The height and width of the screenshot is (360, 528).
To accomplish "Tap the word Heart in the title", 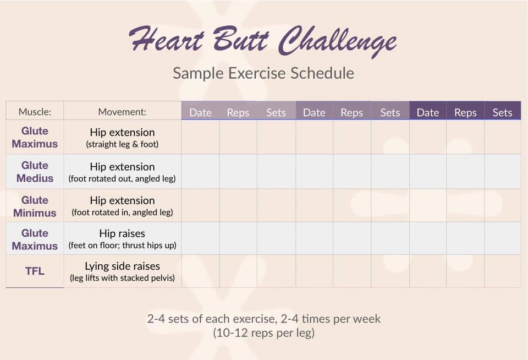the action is click(167, 39).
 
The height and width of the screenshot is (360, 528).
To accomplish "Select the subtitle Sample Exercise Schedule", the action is click(263, 73).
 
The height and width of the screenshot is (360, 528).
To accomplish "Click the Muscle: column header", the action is click(35, 112).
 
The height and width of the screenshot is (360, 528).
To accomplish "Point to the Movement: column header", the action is click(122, 112).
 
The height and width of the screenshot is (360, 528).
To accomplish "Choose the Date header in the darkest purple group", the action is click(428, 112).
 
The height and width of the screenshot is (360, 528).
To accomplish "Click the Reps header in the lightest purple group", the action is click(238, 112).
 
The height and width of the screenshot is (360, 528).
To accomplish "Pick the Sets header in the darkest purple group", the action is click(502, 112).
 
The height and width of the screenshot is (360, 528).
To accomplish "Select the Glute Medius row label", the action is click(35, 172).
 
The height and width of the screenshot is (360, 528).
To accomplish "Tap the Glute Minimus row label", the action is click(35, 206).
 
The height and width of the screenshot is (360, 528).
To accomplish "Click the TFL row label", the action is click(35, 271).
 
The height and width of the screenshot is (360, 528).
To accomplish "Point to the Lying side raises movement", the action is click(122, 266).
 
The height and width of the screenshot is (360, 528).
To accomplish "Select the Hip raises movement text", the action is click(122, 233).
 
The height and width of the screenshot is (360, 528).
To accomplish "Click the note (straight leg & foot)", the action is click(122, 144).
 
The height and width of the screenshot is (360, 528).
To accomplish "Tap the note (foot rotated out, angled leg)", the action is click(122, 179).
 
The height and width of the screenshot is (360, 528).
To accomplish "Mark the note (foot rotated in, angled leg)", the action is click(122, 212).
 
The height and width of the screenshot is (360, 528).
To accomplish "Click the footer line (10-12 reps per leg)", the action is click(263, 332).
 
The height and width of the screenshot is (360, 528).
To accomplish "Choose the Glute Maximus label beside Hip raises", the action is click(35, 239).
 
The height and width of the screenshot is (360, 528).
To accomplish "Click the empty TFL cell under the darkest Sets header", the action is click(502, 271).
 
